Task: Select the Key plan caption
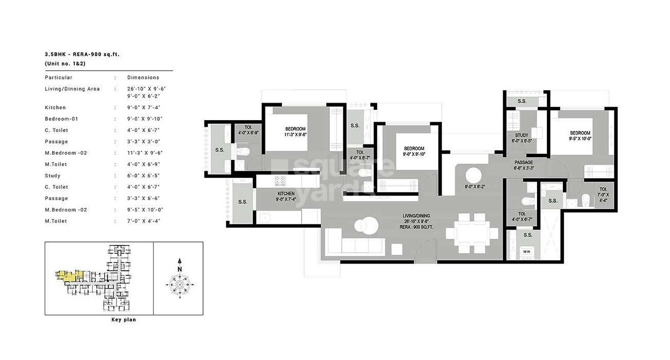124,320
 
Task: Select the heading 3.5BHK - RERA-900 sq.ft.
82,54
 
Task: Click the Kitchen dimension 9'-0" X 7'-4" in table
146,108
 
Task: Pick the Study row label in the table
53,176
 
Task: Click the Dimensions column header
143,77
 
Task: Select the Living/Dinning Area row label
72,89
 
